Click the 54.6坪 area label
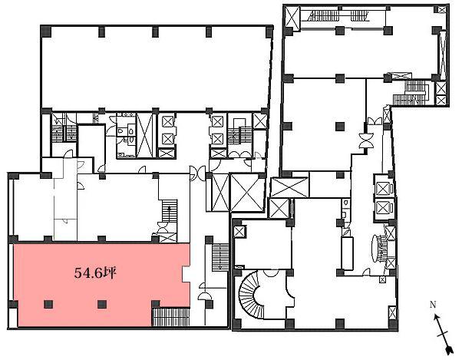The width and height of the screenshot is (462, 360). (95, 273)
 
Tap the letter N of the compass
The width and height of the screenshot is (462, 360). (433, 305)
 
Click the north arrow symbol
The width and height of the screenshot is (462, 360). (442, 334)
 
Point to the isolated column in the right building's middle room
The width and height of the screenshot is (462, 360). (340, 127)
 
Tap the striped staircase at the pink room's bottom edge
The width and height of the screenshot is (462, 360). (170, 317)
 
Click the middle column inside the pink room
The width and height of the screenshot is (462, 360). (102, 304)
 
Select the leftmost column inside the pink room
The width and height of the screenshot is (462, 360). (48, 304)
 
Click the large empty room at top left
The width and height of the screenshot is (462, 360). (156, 68)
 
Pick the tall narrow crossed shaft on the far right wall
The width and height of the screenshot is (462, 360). (443, 54)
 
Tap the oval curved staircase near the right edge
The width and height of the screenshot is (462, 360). (380, 248)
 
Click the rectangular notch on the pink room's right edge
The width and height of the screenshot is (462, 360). (186, 274)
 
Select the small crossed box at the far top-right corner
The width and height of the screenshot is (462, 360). (442, 10)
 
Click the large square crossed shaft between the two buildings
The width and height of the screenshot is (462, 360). (245, 193)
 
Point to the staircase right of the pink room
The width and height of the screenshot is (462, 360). (220, 257)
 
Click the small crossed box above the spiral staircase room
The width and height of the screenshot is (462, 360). (239, 232)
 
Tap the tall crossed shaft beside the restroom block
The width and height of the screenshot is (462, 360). (145, 136)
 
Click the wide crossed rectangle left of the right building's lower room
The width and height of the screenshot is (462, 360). (289, 187)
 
